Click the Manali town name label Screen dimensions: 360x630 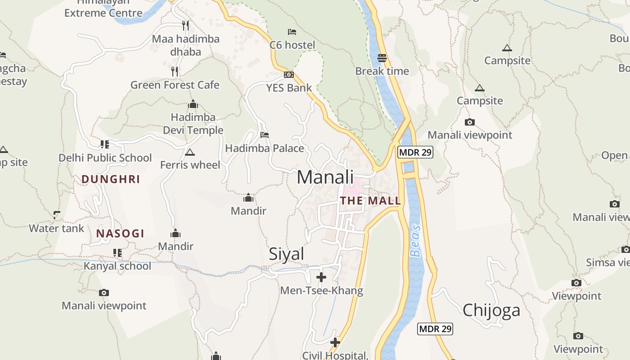(x=325, y=177)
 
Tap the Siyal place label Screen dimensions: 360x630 (x=287, y=254)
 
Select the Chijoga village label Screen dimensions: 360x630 (x=491, y=310)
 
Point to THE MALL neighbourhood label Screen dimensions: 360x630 (x=370, y=201)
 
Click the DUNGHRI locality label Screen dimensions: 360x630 (x=111, y=179)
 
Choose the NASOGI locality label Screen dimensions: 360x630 (x=120, y=234)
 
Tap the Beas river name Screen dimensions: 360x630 (x=416, y=241)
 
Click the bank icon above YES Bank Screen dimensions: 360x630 (x=289, y=75)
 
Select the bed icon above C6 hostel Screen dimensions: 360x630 (x=292, y=32)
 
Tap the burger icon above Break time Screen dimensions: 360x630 (x=382, y=58)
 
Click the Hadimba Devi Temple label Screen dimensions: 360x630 (x=193, y=124)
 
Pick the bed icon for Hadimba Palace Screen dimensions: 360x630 (x=265, y=135)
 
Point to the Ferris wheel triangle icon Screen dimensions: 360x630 (x=190, y=152)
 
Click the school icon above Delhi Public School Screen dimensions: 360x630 (x=105, y=144)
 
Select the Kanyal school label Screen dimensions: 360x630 (x=117, y=266)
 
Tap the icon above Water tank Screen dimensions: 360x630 (x=57, y=215)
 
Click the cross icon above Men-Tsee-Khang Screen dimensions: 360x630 (x=321, y=277)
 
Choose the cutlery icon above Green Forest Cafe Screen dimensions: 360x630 (x=175, y=71)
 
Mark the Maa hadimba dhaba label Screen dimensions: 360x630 (x=185, y=45)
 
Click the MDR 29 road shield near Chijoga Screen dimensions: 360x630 (x=435, y=329)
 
